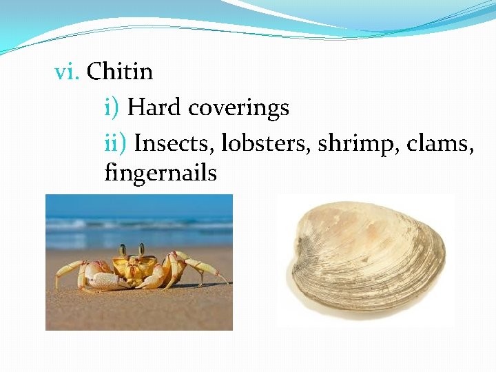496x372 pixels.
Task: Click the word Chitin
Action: (119, 72)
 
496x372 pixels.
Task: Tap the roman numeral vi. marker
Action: (68, 72)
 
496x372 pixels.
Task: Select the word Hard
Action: (154, 107)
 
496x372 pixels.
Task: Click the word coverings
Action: (238, 109)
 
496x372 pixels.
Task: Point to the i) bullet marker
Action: (112, 108)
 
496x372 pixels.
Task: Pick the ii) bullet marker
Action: (116, 143)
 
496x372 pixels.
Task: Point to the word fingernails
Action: (161, 172)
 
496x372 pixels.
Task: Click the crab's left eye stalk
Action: (123, 251)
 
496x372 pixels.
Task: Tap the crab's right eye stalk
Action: (141, 249)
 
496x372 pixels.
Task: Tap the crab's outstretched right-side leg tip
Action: (225, 282)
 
